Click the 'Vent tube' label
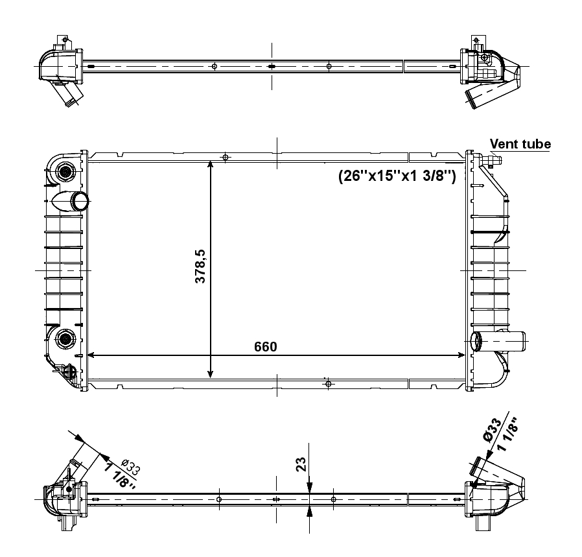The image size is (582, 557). point(520,144)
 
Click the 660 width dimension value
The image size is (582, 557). point(265,346)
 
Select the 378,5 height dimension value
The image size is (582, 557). point(200,267)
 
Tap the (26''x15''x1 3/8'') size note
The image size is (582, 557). point(397,175)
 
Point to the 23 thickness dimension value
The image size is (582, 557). point(301,464)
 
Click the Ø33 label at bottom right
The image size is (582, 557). point(492,430)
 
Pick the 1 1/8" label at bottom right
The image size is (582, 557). point(507,434)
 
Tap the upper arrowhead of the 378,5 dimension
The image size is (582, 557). point(211,165)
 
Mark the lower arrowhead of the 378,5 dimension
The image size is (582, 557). point(211,374)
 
